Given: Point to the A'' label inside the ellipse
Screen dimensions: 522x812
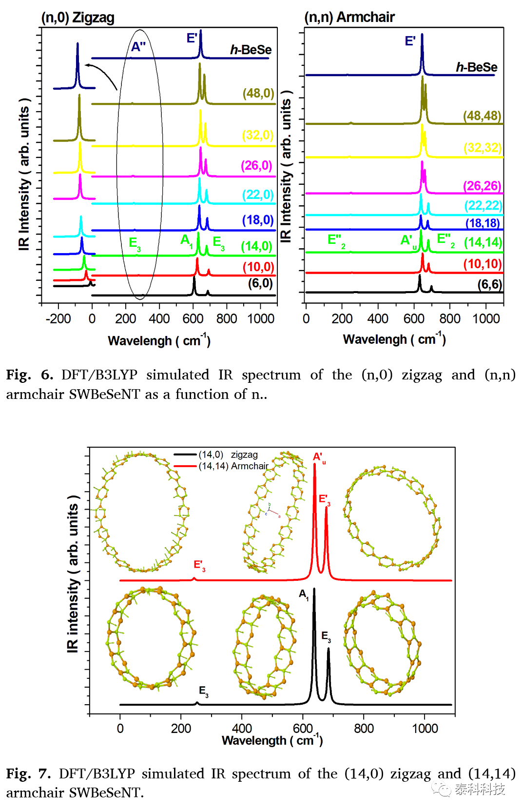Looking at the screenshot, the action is (x=138, y=46).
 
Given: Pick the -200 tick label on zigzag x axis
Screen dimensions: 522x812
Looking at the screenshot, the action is (x=58, y=319).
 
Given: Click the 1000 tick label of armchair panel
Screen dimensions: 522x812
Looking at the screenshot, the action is (x=486, y=319).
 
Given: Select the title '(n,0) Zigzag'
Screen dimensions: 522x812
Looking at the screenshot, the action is (x=77, y=18).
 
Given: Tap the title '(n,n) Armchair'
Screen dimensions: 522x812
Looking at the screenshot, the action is (x=349, y=17).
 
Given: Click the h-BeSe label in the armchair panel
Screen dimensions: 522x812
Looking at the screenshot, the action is (x=476, y=67).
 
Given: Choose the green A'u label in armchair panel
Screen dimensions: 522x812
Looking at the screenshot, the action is (x=408, y=241).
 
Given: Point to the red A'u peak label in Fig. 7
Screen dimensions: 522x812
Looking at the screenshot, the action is (x=319, y=458).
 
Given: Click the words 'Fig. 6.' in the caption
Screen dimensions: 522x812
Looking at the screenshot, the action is (x=29, y=375).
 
